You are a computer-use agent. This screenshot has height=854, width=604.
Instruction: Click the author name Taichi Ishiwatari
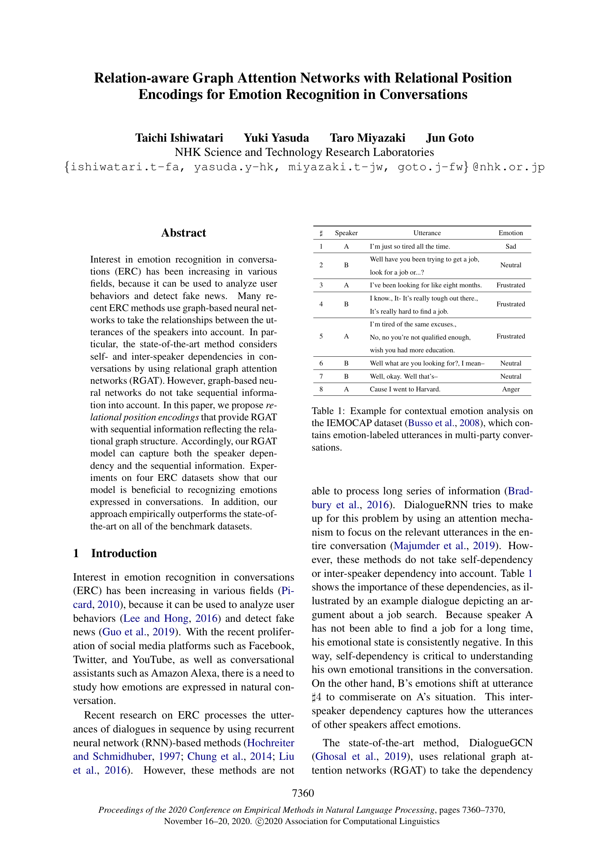click(179, 138)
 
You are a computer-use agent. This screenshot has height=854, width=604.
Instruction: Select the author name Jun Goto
click(450, 138)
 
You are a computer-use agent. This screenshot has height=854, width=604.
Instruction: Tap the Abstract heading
click(183, 233)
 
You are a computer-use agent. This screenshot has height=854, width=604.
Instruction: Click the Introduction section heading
click(123, 554)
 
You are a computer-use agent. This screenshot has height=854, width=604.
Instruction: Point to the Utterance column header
click(427, 233)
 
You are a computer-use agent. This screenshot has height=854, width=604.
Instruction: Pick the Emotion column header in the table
click(510, 233)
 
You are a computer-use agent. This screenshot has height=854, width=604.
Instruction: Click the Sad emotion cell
click(510, 246)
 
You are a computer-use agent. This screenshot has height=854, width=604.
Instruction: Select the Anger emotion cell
click(510, 390)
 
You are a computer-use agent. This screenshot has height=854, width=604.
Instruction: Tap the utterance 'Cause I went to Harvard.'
click(405, 390)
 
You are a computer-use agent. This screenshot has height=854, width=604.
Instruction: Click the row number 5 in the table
click(321, 337)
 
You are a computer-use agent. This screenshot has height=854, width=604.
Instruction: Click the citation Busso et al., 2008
click(445, 423)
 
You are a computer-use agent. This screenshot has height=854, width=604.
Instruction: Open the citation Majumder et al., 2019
click(444, 546)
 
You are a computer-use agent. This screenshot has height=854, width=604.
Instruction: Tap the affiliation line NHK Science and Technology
click(304, 153)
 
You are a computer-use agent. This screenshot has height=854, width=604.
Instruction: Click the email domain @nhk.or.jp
click(508, 167)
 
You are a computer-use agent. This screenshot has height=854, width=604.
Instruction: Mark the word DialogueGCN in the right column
click(500, 743)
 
